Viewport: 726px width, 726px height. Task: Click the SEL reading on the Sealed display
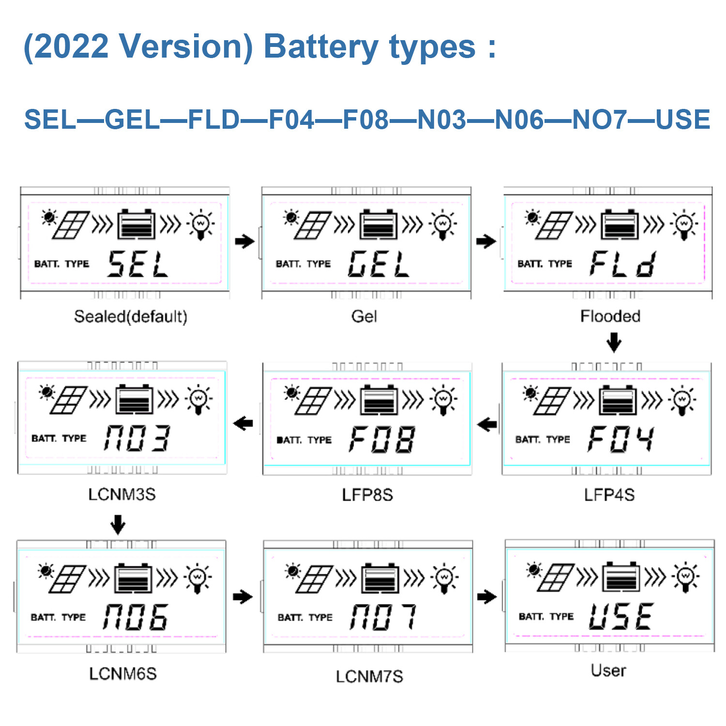[137, 264]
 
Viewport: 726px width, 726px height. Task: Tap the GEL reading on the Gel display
[378, 264]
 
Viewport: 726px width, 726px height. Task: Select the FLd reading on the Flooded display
[623, 264]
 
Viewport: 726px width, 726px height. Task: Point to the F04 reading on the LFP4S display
[621, 439]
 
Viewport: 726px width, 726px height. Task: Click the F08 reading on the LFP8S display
[381, 439]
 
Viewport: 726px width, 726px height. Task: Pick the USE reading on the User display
[621, 617]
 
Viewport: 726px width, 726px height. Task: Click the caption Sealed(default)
[131, 317]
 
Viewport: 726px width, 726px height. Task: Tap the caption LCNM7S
[369, 676]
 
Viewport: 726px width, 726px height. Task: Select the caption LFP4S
[609, 495]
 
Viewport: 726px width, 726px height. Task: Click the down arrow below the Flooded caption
[614, 342]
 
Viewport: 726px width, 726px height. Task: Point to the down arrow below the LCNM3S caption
[118, 524]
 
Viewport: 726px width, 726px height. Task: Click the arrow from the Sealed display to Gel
[244, 241]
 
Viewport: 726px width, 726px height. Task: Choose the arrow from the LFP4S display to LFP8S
[487, 425]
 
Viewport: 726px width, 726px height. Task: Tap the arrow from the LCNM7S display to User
[487, 597]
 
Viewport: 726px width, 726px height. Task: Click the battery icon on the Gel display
[378, 225]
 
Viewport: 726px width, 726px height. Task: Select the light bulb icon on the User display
[685, 577]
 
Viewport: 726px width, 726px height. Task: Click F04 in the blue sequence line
[291, 120]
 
